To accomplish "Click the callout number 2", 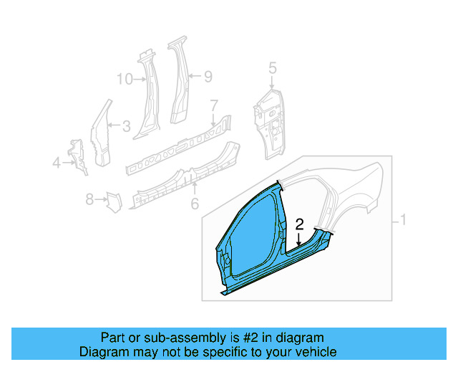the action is [x=300, y=224].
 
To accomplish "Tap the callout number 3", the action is [x=126, y=128].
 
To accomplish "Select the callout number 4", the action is [x=56, y=164].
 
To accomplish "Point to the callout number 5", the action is [x=272, y=68].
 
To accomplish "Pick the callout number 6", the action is [x=194, y=205].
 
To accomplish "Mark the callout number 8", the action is [x=89, y=199].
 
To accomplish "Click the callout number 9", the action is [x=208, y=76].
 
